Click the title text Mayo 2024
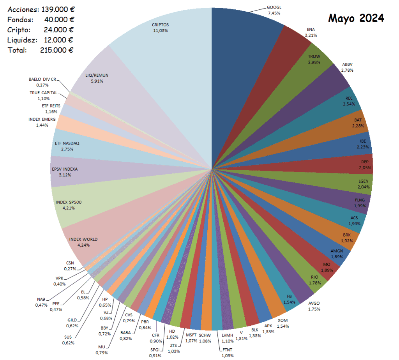(356, 18)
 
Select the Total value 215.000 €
(57, 50)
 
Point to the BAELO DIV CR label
(42, 79)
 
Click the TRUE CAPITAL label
(43, 93)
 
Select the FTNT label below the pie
(228, 349)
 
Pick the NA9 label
(41, 299)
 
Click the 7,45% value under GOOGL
(274, 13)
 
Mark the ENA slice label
(311, 29)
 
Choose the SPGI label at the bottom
(155, 349)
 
